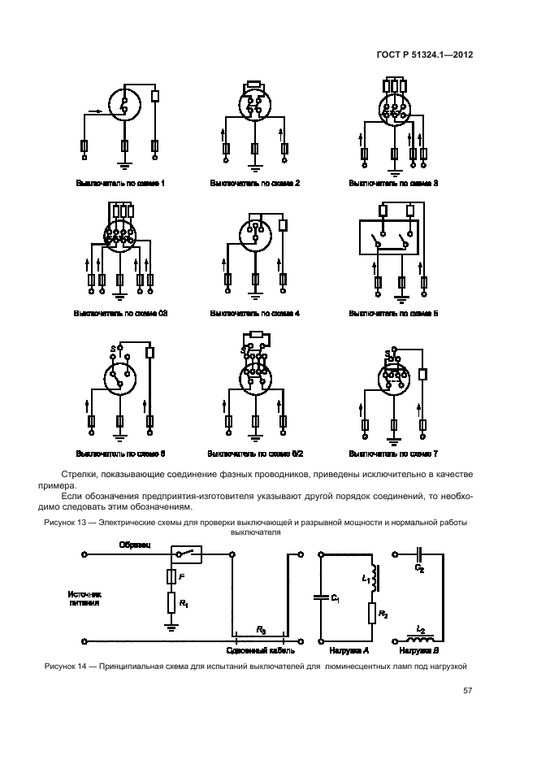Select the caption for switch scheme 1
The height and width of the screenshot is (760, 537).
(120, 184)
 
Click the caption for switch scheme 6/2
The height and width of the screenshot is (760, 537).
(255, 453)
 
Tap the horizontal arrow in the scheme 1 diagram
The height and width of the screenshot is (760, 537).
(94, 111)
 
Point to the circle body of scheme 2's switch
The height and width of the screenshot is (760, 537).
(255, 106)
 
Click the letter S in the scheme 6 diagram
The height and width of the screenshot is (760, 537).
(112, 350)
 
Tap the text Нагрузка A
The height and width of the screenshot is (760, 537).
(349, 650)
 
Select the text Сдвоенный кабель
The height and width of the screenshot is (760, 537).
(258, 650)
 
